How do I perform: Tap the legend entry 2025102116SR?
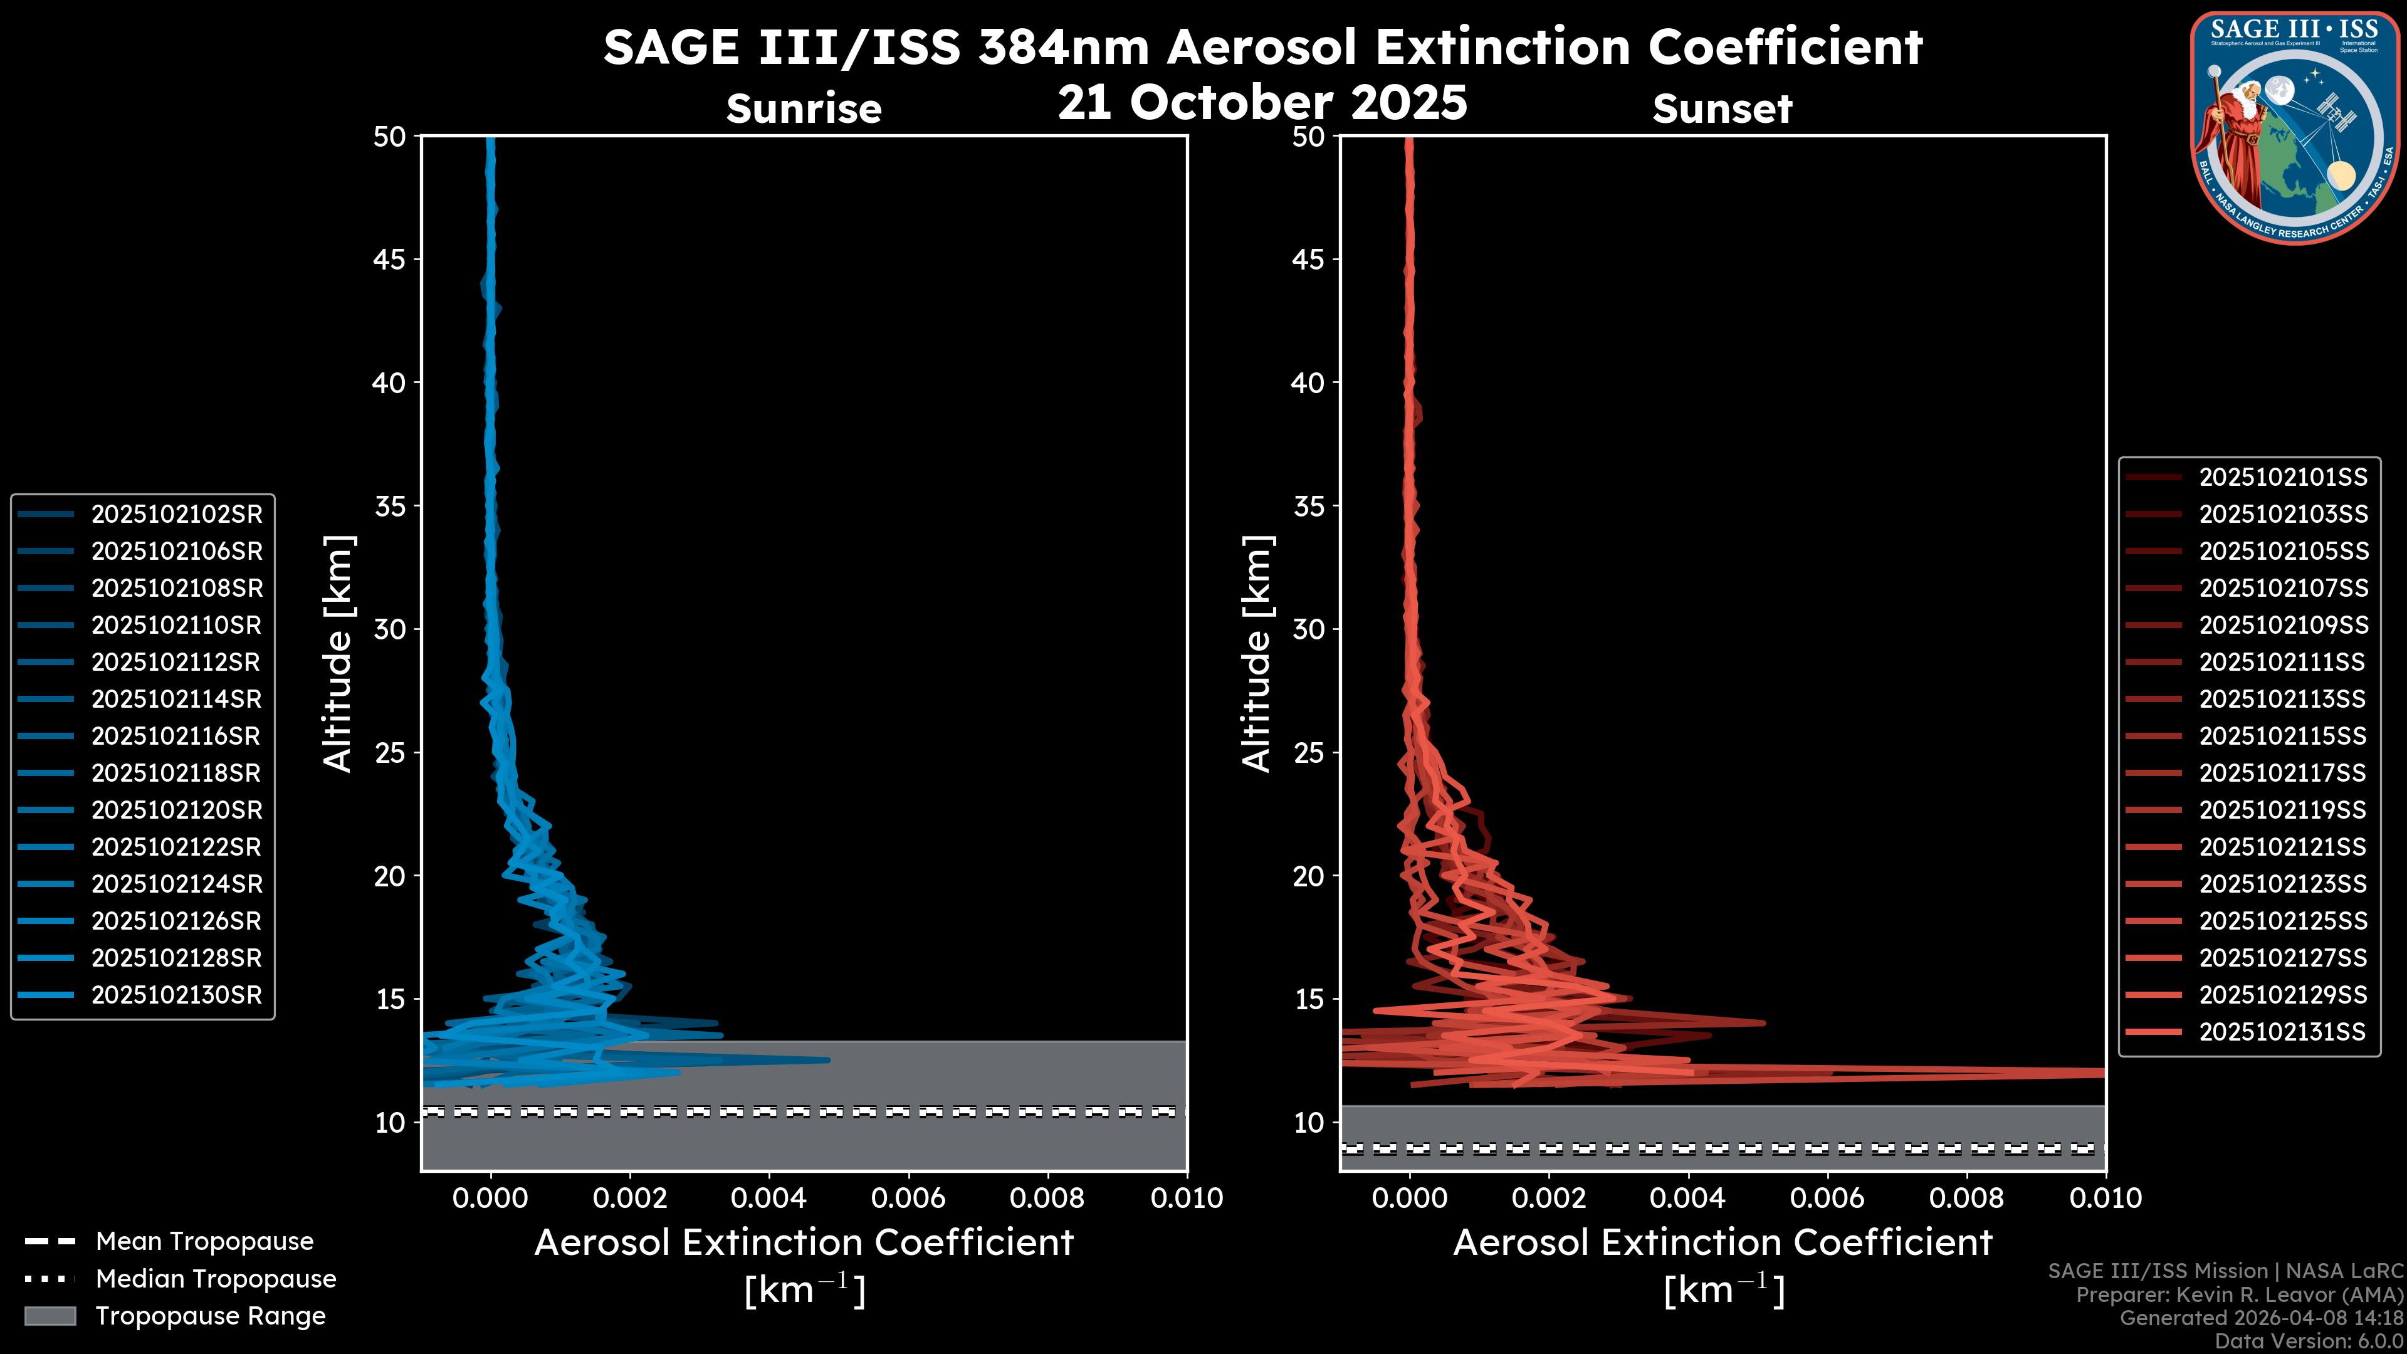click(176, 737)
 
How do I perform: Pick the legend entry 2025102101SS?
click(2283, 478)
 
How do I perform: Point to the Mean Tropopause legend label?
click(204, 1241)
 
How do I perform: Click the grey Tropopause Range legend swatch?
click(50, 1316)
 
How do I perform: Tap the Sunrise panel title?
click(804, 108)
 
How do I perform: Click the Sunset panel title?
click(1722, 108)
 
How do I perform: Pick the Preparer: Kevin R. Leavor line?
click(2239, 1294)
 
